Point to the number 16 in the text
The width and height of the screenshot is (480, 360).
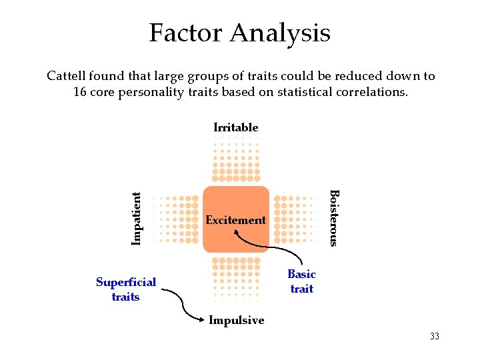click(79, 92)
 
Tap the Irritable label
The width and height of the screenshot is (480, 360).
click(235, 127)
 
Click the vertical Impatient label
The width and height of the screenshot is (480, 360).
click(137, 218)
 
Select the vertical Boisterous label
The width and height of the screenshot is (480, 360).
click(335, 218)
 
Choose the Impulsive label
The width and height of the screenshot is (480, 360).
click(236, 321)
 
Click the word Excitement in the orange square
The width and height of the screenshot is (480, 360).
click(235, 220)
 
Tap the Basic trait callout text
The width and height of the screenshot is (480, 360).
click(301, 281)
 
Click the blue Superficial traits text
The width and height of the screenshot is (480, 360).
click(125, 289)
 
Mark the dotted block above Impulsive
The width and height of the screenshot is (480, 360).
click(235, 279)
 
